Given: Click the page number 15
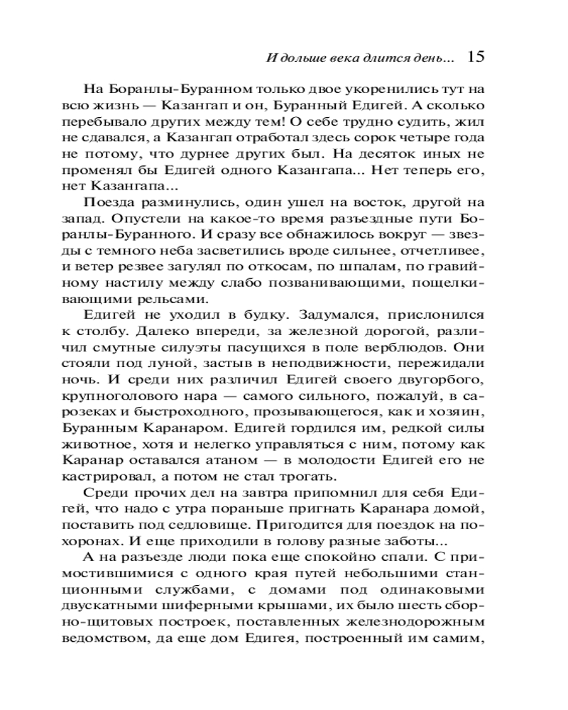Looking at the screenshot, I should point(476,57).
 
